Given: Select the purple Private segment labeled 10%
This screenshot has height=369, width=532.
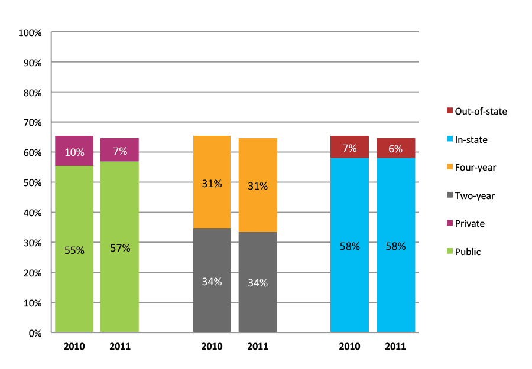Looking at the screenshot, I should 74,151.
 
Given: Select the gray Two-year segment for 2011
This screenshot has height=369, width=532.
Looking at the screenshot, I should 258,282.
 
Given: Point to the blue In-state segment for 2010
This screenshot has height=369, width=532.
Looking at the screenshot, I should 349,245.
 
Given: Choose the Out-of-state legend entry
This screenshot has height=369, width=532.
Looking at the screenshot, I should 476,111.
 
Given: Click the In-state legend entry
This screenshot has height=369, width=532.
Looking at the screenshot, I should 471,139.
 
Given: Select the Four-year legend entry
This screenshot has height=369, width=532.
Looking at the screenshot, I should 475,168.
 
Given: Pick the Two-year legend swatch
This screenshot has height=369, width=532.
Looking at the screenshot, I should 449,195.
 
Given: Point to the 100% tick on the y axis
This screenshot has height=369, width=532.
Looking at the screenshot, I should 31,32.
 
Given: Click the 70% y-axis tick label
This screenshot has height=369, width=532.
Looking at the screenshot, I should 33,122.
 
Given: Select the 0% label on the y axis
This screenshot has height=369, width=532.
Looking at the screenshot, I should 35,333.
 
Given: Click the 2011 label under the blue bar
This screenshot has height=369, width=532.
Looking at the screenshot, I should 395,346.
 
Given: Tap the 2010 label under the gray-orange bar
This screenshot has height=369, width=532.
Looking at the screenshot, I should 212,346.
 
